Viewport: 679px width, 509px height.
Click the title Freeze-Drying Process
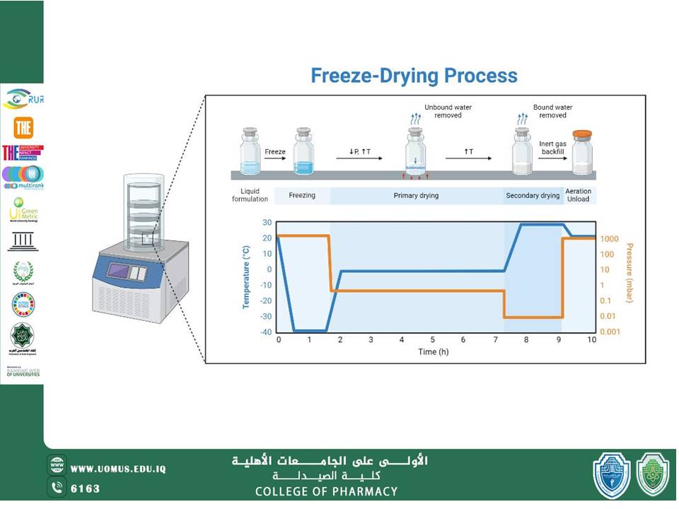(414, 76)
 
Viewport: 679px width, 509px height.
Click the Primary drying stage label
(416, 196)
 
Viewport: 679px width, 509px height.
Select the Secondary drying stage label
(533, 196)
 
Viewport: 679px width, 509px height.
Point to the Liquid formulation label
(250, 196)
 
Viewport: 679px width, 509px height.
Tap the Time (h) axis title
(432, 351)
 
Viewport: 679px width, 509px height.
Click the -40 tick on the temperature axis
(265, 332)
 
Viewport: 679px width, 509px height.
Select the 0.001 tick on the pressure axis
(609, 332)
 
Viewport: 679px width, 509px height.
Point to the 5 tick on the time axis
(433, 340)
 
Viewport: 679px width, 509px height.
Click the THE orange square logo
(23, 127)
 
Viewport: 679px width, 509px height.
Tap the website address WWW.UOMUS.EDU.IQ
(118, 469)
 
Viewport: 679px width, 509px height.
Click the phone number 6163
(86, 488)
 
